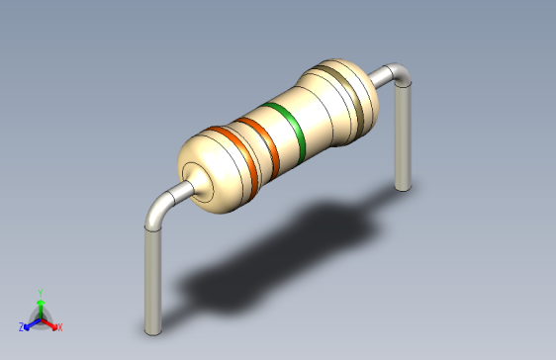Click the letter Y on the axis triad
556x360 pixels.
pos(40,293)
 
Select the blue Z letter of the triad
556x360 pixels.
pos(22,326)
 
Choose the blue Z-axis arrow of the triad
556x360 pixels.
pos(31,322)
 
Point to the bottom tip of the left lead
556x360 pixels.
pos(152,330)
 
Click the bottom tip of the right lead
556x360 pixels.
pos(402,185)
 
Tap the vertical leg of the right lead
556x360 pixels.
pos(402,138)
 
